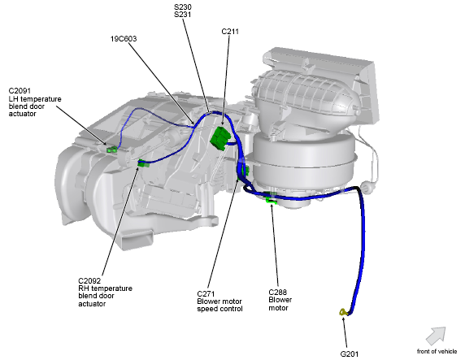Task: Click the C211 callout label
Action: [x=230, y=32]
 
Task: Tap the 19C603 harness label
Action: [x=124, y=39]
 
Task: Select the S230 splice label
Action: [x=182, y=7]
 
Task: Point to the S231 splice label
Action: [x=182, y=15]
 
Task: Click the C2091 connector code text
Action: [x=20, y=91]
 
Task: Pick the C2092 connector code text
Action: [x=89, y=280]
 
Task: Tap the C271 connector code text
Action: [x=206, y=294]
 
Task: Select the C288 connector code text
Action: [x=277, y=293]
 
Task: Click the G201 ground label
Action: [x=349, y=353]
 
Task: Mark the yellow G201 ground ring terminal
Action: [x=343, y=312]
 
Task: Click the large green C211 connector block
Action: [x=220, y=138]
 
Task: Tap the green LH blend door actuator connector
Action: [x=111, y=150]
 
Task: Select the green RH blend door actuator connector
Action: [x=143, y=163]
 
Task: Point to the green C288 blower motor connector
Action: [x=271, y=201]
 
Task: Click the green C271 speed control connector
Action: [x=243, y=170]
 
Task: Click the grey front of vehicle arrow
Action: [x=436, y=336]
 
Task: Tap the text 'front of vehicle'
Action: [x=437, y=351]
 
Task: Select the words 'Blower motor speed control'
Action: [x=219, y=305]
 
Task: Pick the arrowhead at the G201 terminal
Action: [x=343, y=319]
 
